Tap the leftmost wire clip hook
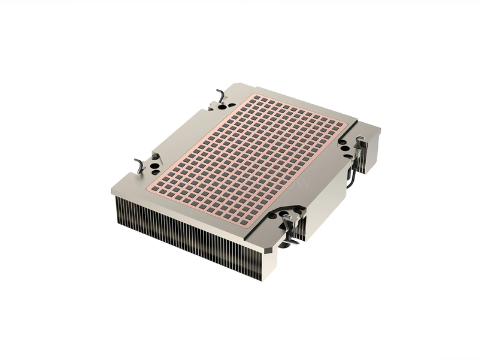tap(140, 165)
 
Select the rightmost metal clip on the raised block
tap(360, 144)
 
